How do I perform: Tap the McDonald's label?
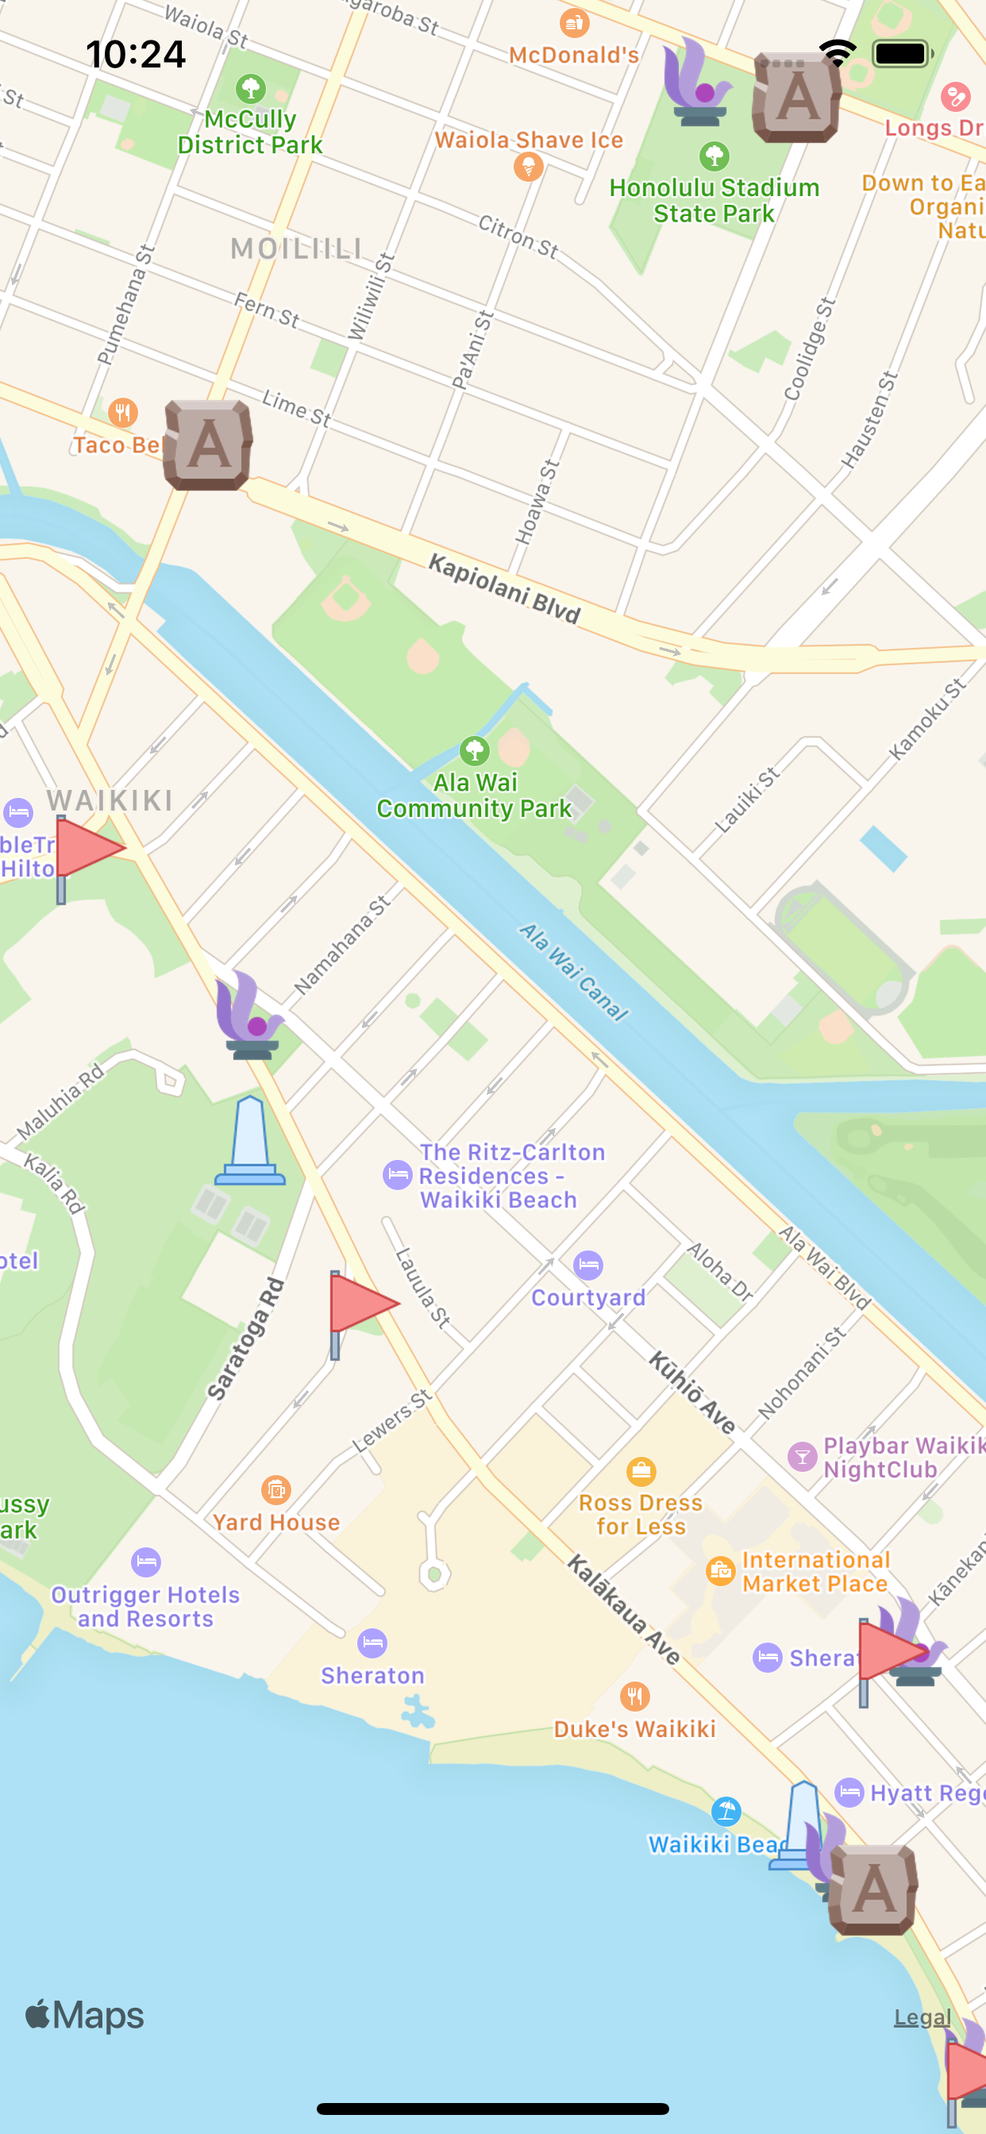573,55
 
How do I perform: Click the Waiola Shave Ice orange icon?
528,168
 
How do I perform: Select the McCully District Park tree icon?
250,88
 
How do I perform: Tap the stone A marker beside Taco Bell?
208,445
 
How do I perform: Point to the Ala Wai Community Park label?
474,795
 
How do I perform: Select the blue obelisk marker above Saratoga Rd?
250,1142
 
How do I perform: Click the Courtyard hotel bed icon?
588,1265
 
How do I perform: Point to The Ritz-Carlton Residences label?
511,1176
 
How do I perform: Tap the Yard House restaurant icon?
276,1489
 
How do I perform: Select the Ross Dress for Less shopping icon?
641,1471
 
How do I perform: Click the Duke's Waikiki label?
634,1729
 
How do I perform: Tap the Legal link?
922,2017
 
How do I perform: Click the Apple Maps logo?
84,2016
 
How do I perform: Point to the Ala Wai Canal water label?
573,971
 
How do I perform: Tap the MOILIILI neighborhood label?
296,248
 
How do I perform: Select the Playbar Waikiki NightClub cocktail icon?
802,1456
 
